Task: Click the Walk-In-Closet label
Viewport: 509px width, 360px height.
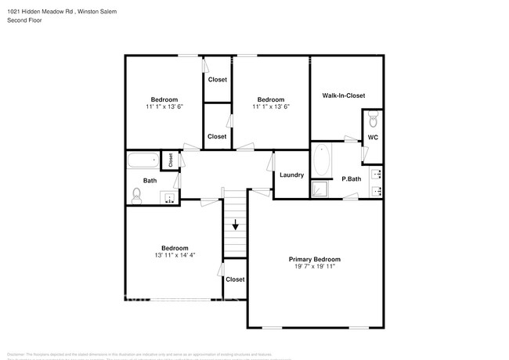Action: tap(343, 95)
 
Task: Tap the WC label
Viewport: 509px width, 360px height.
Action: tap(373, 138)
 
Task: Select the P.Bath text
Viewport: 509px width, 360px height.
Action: tap(352, 179)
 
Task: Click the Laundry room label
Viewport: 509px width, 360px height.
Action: tap(291, 175)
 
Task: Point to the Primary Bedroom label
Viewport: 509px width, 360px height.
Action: tap(314, 259)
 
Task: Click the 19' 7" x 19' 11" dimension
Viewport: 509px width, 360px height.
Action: tap(314, 267)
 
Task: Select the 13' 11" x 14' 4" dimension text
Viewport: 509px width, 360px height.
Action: tap(175, 255)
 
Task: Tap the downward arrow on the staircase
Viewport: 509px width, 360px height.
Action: tap(235, 226)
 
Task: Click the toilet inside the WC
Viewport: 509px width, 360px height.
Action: tap(373, 121)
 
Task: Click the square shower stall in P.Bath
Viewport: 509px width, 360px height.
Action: tap(319, 189)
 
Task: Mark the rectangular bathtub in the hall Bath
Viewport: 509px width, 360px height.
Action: tap(143, 163)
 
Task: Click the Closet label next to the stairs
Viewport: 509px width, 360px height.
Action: tap(235, 279)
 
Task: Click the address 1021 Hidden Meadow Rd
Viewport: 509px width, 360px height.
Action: tap(38, 10)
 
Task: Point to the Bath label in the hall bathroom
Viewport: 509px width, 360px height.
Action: tap(149, 181)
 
